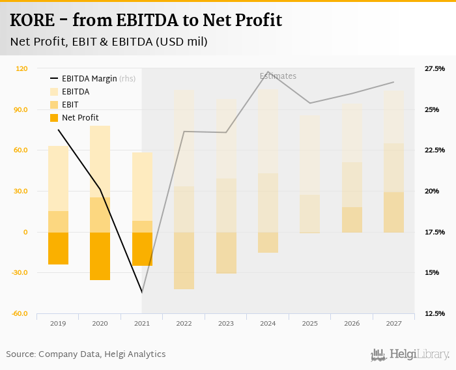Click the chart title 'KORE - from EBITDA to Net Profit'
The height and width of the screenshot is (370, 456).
coord(146,20)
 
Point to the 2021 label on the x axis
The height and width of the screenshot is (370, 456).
coord(142,323)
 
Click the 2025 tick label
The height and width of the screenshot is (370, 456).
coord(310,323)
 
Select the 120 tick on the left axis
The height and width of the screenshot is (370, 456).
coord(21,68)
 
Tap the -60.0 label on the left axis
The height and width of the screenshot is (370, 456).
coord(18,314)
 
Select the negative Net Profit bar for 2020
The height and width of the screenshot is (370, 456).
coord(100,256)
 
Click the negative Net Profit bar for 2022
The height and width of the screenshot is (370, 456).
coord(184,261)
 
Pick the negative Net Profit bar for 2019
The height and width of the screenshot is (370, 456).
coord(58,248)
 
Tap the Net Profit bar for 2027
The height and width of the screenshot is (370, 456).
coord(393,212)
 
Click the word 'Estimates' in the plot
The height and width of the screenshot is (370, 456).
coord(278,76)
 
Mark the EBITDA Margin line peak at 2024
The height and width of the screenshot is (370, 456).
coord(268,72)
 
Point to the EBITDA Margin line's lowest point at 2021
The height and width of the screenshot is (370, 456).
coord(142,292)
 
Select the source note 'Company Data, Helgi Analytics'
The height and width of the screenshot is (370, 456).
coord(102,354)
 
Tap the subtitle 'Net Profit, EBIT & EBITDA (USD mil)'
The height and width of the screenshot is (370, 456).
coord(109,42)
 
